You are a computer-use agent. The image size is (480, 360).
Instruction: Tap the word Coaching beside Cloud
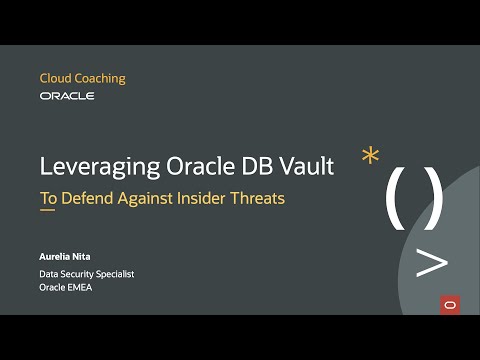click(101, 79)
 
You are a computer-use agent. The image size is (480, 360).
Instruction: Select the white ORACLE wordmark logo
click(67, 96)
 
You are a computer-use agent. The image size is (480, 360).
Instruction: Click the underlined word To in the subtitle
click(48, 198)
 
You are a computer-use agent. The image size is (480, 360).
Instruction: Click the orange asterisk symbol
click(371, 157)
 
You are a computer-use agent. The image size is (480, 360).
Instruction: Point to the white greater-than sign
click(431, 263)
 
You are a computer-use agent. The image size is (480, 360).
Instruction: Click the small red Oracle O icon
click(449, 303)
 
